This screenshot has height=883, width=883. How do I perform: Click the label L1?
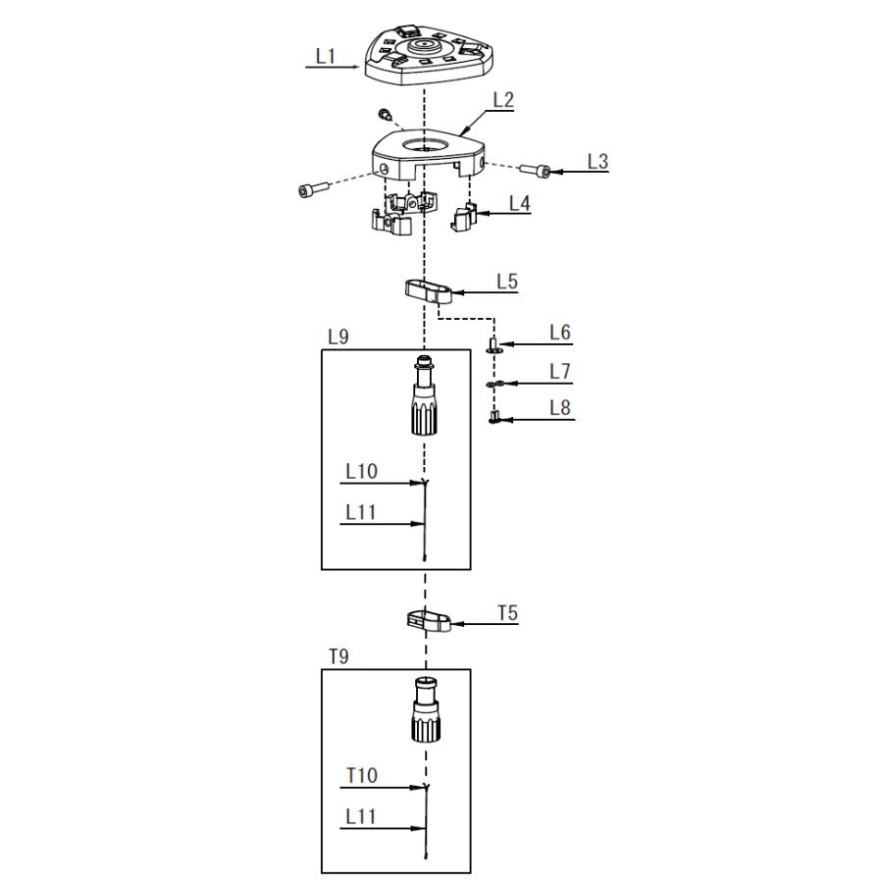[x=326, y=57]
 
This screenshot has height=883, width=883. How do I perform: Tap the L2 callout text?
[x=503, y=99]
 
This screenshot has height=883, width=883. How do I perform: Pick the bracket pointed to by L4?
[x=465, y=217]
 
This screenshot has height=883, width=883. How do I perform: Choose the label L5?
[x=506, y=282]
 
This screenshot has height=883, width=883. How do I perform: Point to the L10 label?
[x=361, y=472]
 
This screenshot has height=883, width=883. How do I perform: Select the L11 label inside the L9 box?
[x=361, y=513]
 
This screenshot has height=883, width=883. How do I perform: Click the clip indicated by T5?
[x=428, y=620]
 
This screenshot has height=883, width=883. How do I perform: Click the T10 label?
[x=361, y=776]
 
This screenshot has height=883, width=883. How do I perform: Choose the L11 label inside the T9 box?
[x=361, y=817]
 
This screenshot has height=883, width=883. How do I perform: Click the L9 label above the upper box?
[x=338, y=337]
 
